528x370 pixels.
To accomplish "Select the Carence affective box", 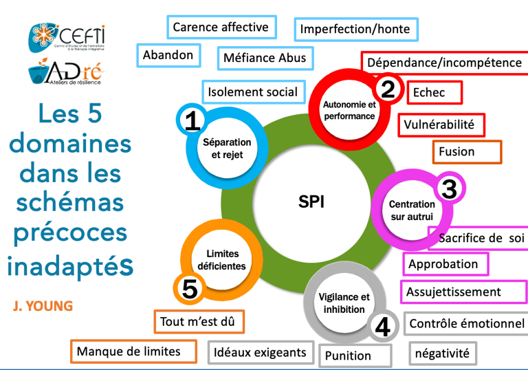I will [x=221, y=28].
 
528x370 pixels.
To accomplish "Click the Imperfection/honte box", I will [x=355, y=29].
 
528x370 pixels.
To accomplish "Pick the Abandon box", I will [x=168, y=55].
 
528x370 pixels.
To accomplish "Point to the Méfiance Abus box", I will [x=265, y=58].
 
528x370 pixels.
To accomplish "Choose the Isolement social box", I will [x=253, y=91].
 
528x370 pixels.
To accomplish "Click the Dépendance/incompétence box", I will [x=444, y=63].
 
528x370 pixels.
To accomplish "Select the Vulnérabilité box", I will [x=440, y=124].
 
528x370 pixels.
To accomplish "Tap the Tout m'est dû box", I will [x=199, y=321].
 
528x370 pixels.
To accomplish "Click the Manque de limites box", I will [x=129, y=351].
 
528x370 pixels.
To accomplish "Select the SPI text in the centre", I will [x=311, y=202].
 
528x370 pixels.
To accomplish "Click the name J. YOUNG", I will [x=43, y=306].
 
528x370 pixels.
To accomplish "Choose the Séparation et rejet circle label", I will [x=227, y=149].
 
